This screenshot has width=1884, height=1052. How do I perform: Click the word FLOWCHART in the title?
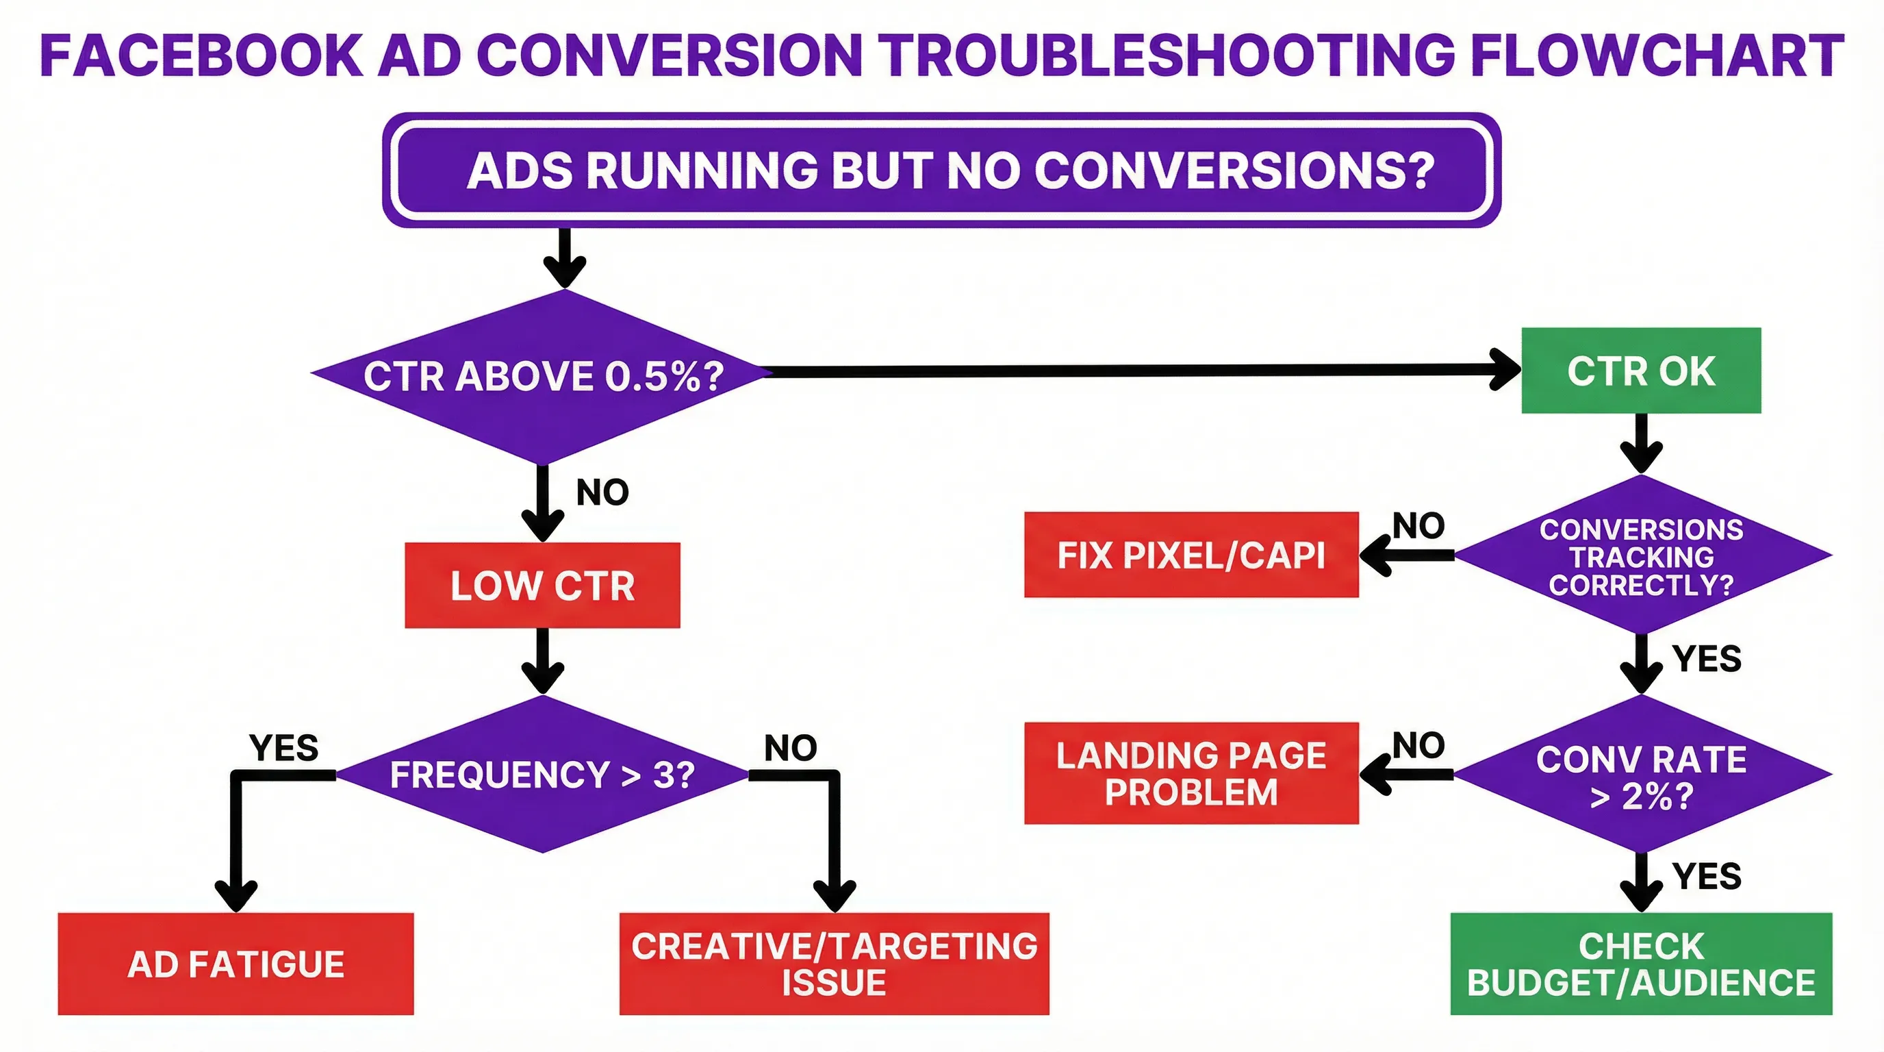click(1657, 55)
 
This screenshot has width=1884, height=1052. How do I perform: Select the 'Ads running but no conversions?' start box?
click(941, 170)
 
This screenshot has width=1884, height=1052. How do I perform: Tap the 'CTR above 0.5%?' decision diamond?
click(543, 376)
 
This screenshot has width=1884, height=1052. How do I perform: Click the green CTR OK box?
click(1640, 371)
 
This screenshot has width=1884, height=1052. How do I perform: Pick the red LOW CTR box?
click(542, 586)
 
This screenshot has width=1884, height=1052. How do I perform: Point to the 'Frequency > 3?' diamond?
click(542, 774)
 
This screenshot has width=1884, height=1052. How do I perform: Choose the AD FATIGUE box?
click(235, 964)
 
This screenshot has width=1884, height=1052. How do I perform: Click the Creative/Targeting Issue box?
click(834, 964)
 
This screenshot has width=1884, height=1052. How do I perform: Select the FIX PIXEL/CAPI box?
click(1191, 555)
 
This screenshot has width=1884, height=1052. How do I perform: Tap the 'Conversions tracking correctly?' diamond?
click(1641, 556)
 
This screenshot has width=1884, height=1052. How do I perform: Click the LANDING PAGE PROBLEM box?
click(1191, 773)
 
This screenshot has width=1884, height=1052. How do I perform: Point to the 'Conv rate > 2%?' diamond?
click(1641, 775)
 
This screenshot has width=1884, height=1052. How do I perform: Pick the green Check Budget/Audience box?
click(1640, 964)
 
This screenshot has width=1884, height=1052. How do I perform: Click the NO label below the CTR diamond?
click(602, 492)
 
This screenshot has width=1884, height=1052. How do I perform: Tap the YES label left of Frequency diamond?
click(284, 748)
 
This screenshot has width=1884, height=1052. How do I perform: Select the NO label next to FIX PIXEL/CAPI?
click(1418, 525)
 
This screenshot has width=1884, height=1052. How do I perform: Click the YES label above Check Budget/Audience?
click(1706, 877)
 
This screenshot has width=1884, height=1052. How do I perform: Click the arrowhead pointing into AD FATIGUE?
click(235, 896)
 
